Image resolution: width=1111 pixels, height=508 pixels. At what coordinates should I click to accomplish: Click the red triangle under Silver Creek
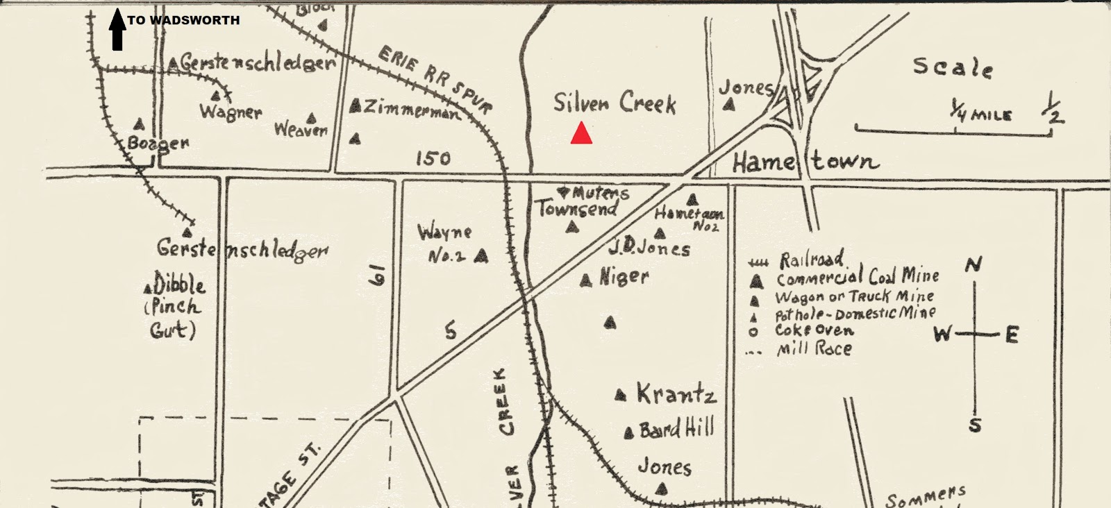click(581, 133)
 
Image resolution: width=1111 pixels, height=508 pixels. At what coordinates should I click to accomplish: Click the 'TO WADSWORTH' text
click(183, 20)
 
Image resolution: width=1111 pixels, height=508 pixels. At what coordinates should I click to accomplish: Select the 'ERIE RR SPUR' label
click(435, 80)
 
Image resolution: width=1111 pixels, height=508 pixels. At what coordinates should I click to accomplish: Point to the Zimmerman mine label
click(410, 109)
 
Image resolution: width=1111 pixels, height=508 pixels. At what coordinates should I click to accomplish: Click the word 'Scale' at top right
click(952, 67)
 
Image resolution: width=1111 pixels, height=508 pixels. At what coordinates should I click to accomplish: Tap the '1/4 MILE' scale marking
click(981, 113)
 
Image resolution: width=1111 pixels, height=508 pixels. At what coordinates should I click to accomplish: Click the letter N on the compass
click(974, 265)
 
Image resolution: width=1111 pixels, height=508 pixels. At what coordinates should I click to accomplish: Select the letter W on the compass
click(942, 335)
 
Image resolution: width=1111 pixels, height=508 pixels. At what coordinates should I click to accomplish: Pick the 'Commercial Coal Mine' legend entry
click(857, 277)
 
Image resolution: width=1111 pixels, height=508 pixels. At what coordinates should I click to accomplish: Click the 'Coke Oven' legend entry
click(814, 330)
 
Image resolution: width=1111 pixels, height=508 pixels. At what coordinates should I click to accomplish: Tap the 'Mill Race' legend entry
click(814, 348)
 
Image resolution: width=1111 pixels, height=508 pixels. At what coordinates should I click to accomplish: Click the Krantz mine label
click(676, 395)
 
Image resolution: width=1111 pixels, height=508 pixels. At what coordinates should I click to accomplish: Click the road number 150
click(433, 158)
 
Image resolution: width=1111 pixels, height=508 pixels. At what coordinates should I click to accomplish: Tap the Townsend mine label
click(577, 209)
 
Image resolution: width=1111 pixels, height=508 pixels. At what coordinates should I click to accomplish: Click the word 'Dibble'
click(179, 285)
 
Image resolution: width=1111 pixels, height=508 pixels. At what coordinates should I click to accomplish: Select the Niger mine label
click(624, 277)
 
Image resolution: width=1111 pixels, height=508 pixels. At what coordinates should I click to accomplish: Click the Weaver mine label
click(300, 130)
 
